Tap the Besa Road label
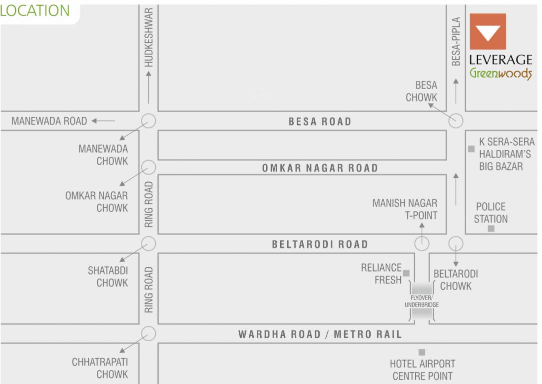[x=320, y=121]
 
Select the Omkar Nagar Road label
[x=320, y=168]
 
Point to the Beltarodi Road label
[x=320, y=244]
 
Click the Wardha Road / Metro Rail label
[x=320, y=334]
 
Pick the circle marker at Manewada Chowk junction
[x=148, y=121]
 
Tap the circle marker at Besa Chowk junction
[x=456, y=121]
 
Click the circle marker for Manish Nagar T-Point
[x=422, y=244]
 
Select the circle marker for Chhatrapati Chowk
[x=148, y=333]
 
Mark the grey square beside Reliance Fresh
[x=406, y=273]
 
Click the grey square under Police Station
[x=491, y=228]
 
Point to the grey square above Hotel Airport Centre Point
[x=422, y=352]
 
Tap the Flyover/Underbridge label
[x=422, y=301]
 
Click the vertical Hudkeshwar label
[x=148, y=37]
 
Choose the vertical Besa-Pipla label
[x=456, y=42]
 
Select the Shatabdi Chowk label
[x=108, y=276]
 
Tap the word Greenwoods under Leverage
[x=501, y=73]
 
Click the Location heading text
[x=35, y=10]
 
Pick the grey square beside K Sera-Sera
[x=471, y=148]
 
